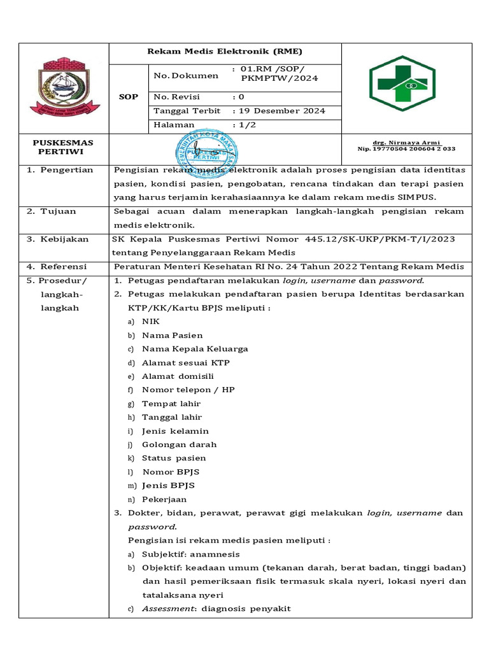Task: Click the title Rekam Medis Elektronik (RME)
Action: (225, 52)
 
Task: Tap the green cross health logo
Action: (402, 83)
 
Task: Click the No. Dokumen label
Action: (186, 75)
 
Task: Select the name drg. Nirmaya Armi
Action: (406, 142)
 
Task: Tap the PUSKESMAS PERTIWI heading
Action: (62, 147)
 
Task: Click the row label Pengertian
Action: (67, 170)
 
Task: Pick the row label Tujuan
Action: (59, 211)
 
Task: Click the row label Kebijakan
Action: (64, 239)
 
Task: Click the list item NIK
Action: (150, 322)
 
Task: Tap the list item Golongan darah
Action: (179, 444)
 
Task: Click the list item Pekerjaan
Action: (164, 499)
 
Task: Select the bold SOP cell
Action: (129, 97)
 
